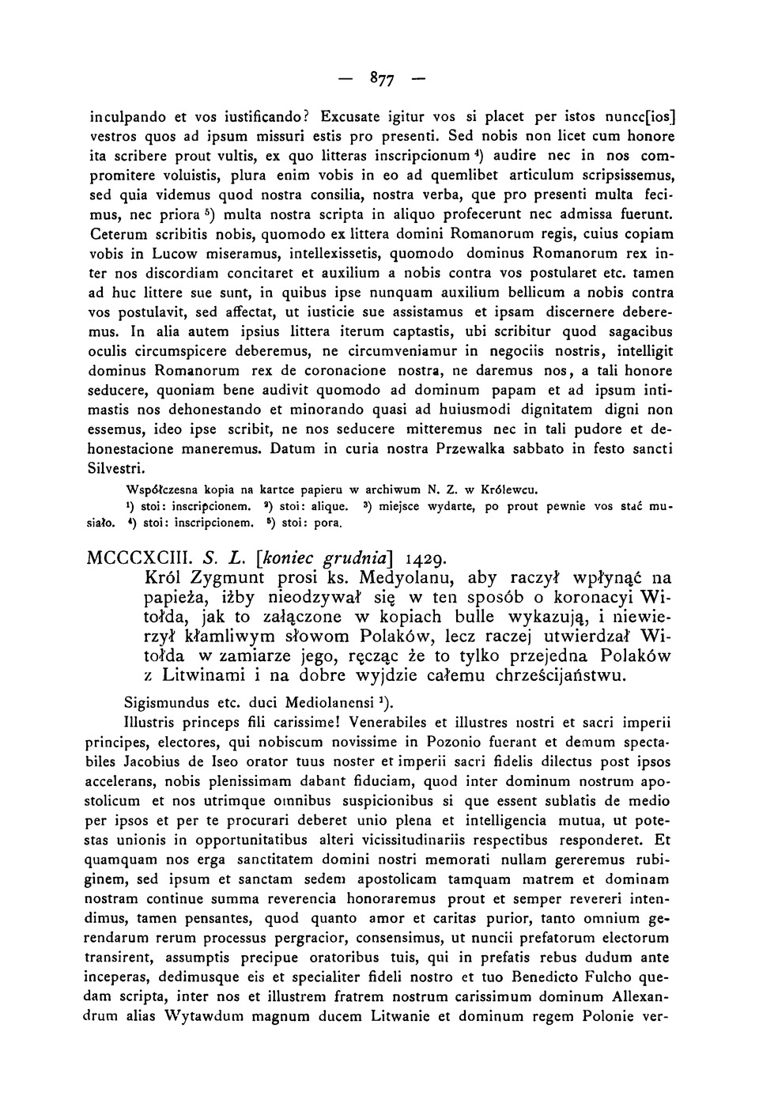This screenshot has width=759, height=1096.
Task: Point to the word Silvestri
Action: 111,468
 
